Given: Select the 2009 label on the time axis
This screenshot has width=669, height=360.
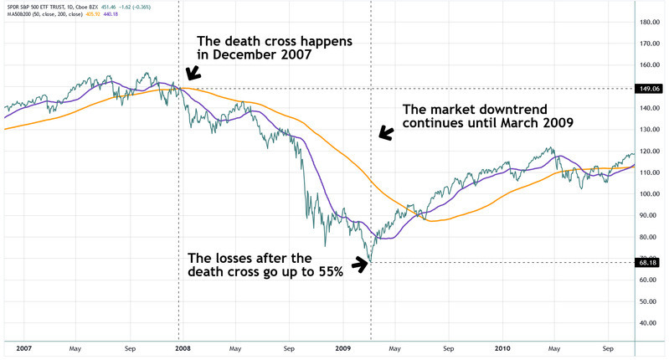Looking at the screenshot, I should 342,347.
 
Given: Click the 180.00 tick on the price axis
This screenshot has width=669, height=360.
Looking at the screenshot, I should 651,23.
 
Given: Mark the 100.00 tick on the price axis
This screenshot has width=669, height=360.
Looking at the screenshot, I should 651,194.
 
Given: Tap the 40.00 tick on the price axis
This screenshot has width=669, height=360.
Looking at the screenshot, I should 651,323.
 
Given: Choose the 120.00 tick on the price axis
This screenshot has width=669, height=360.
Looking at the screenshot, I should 651,152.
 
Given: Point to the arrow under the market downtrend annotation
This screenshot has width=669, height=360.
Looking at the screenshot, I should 385,132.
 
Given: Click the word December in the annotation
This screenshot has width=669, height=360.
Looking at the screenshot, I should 244,57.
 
